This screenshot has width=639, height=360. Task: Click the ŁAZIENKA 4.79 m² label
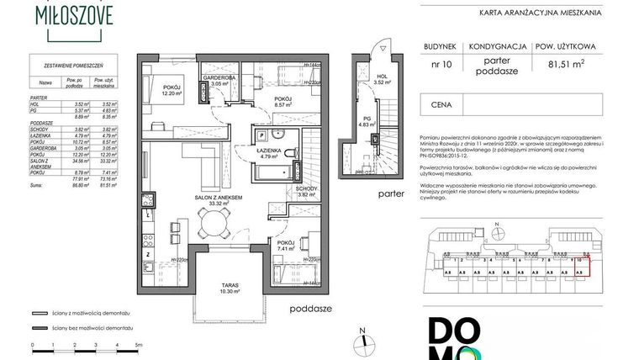click(x=268, y=151)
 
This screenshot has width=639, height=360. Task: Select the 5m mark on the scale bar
click(x=139, y=346)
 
